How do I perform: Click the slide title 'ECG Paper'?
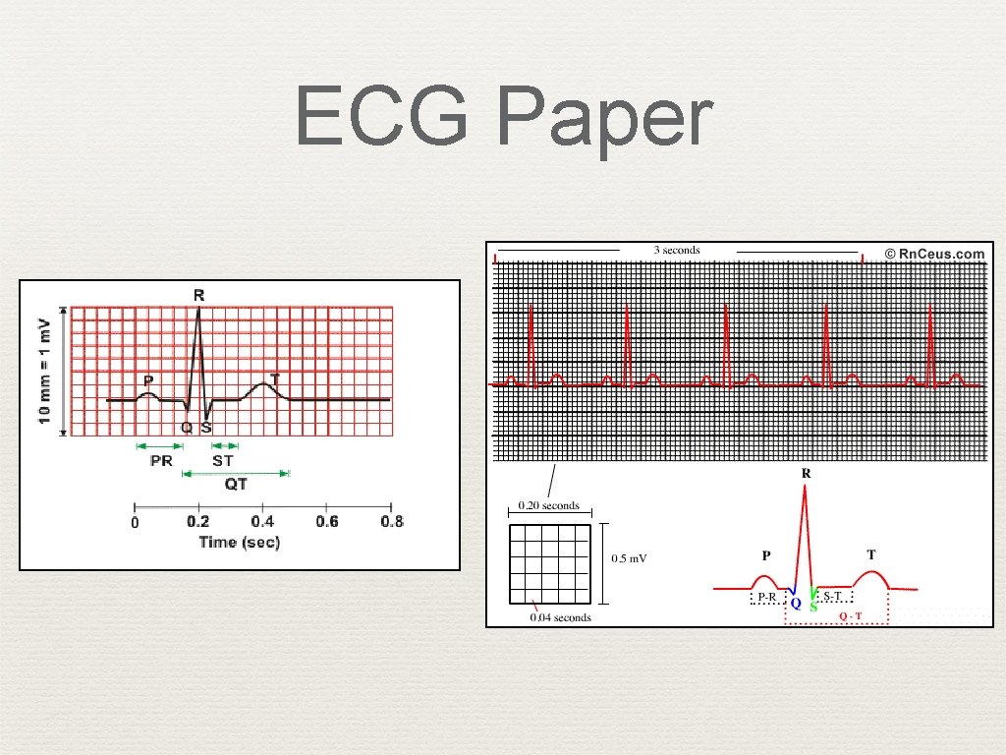(503, 117)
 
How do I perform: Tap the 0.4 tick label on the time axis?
(262, 521)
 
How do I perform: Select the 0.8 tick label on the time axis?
(391, 521)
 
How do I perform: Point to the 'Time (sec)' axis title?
(240, 542)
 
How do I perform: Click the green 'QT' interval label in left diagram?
(236, 484)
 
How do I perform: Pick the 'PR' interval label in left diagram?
(161, 460)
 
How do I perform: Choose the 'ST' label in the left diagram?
(223, 460)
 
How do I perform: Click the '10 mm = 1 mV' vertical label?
(44, 372)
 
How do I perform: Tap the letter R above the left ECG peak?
(199, 294)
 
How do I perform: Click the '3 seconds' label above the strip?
(677, 250)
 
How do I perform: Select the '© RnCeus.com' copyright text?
(933, 254)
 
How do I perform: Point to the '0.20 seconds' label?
(543, 506)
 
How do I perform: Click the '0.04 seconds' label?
(561, 617)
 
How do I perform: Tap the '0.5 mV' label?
(630, 558)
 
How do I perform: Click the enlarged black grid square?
(549, 564)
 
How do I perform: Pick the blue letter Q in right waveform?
(796, 602)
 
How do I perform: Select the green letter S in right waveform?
(813, 606)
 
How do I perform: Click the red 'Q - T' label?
(851, 616)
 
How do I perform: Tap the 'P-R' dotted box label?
(766, 596)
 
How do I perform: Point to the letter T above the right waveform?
(870, 555)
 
